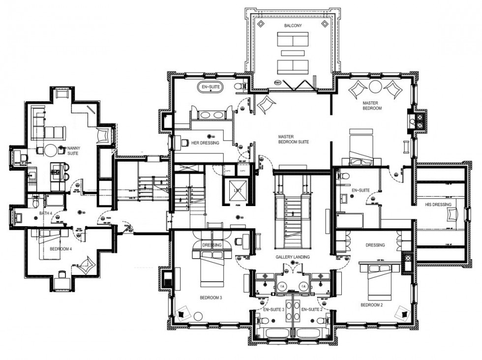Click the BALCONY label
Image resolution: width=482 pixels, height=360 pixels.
coord(292,25)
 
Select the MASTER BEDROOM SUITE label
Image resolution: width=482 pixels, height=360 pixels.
coord(293,139)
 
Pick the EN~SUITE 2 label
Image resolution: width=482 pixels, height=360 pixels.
coord(311,309)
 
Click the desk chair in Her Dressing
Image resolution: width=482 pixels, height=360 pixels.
coord(184,143)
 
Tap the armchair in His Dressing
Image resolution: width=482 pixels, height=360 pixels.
coord(452,214)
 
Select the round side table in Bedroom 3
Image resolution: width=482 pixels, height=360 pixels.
coord(199,316)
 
